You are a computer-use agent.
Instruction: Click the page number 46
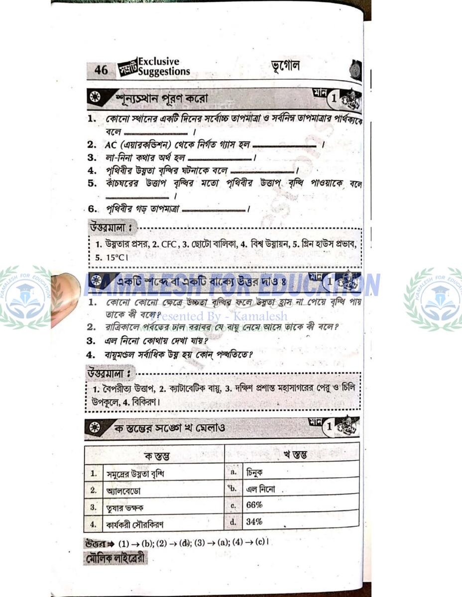101,70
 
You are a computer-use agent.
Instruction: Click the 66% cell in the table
254,505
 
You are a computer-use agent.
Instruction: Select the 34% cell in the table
254,522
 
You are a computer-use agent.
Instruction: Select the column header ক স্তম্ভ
156,455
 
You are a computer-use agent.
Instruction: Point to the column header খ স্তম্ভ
295,454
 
